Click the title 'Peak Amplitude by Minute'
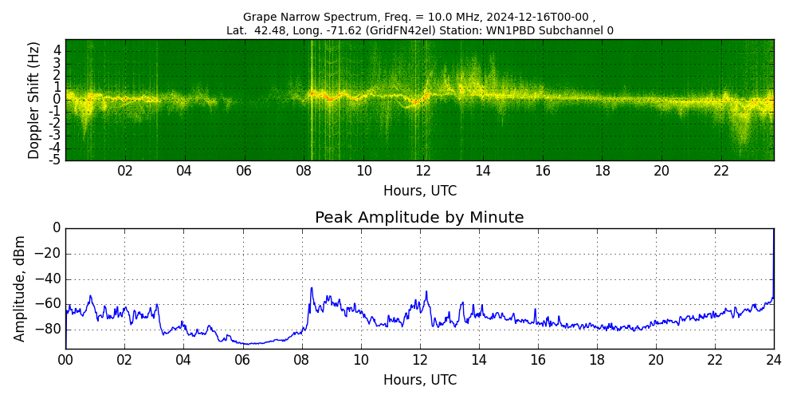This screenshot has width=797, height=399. coord(419,218)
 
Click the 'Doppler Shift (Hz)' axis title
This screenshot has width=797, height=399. coord(33,100)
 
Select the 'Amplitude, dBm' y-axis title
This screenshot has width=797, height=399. coord(20,288)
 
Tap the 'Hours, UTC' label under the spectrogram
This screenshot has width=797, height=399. coord(420,191)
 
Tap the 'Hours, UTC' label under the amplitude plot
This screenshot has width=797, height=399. coord(420,380)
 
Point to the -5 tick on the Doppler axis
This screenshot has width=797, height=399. coord(56,160)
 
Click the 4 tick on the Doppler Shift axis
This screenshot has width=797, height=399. coord(57,50)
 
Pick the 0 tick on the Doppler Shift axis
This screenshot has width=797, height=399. coord(57,100)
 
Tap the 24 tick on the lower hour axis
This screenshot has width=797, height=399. coord(774,361)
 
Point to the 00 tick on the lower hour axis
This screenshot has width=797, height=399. coord(65,361)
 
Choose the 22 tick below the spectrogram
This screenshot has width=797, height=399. coord(721,172)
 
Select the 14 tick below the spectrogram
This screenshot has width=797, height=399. coord(483,172)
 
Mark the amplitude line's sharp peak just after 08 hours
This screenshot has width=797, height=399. coord(312,288)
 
